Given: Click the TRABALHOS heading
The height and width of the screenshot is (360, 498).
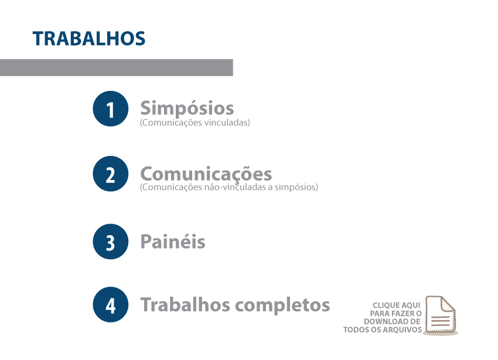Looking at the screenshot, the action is click(x=89, y=39).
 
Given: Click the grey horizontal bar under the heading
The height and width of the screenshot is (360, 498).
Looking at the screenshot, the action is click(x=116, y=67).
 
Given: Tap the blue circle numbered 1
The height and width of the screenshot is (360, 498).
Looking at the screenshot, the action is click(x=111, y=108).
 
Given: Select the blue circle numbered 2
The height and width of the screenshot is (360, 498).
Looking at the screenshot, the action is click(x=111, y=174).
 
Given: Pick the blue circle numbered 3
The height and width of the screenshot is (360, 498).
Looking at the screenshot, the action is click(x=111, y=242).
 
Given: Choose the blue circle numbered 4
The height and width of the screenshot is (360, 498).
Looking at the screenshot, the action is click(x=111, y=304).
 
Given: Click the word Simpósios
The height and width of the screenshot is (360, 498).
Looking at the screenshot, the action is click(x=187, y=108).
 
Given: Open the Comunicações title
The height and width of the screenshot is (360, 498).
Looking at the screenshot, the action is click(x=206, y=174).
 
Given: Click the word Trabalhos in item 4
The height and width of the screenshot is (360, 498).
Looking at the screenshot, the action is click(x=185, y=304).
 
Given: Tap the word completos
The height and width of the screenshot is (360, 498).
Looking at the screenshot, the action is click(x=282, y=305).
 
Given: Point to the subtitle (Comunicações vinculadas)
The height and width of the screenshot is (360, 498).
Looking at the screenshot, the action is click(x=195, y=123).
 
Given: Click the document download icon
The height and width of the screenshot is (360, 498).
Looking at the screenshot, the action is click(x=441, y=315).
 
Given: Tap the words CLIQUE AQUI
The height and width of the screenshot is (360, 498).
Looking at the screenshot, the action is click(x=397, y=305).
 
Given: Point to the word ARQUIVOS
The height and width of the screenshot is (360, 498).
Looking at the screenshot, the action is click(x=402, y=330).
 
